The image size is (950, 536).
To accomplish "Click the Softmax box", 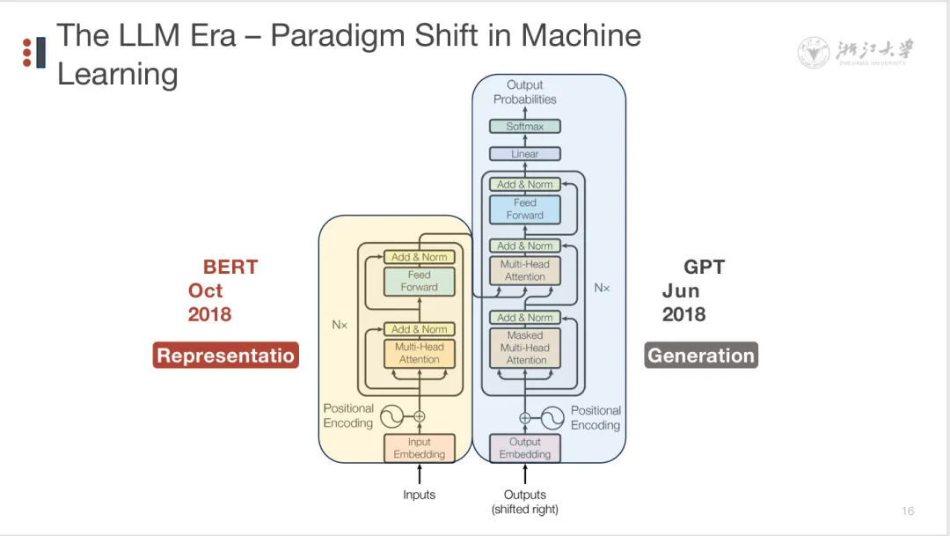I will pyautogui.click(x=525, y=127).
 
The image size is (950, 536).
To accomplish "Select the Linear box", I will pyautogui.click(x=525, y=154).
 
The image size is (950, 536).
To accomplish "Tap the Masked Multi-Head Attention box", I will pyautogui.click(x=525, y=348).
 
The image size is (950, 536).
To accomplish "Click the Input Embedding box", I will pyautogui.click(x=419, y=448).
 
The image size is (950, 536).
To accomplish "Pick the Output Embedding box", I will pyautogui.click(x=525, y=448).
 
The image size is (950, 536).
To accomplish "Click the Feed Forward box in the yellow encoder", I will pyautogui.click(x=419, y=281).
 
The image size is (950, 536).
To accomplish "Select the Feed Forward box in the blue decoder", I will pyautogui.click(x=525, y=209).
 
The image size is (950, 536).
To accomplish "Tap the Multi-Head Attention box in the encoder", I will pyautogui.click(x=419, y=353).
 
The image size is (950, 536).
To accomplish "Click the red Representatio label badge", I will pyautogui.click(x=226, y=356).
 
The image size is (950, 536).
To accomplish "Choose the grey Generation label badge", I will pyautogui.click(x=701, y=356).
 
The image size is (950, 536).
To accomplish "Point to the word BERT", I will pyautogui.click(x=230, y=268).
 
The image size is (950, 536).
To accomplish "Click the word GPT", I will pyautogui.click(x=704, y=268).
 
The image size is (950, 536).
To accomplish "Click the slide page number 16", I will pyautogui.click(x=908, y=511).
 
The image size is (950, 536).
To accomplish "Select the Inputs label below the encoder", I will pyautogui.click(x=419, y=495).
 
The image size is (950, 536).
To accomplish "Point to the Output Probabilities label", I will pyautogui.click(x=525, y=92).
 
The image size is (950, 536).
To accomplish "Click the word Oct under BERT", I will pyautogui.click(x=205, y=291).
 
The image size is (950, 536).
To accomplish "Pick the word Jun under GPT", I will pyautogui.click(x=681, y=291).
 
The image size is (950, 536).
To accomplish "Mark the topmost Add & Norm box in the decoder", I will pyautogui.click(x=525, y=185).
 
